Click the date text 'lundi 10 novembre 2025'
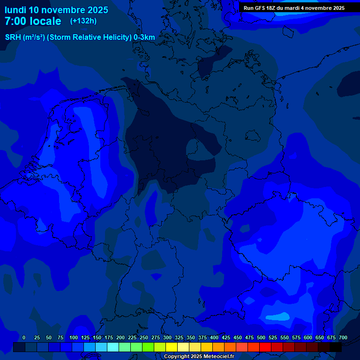click(x=56, y=10)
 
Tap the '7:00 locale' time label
click(x=33, y=21)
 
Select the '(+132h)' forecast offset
click(x=83, y=21)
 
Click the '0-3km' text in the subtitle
click(x=144, y=37)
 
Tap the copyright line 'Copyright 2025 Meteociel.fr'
click(x=199, y=357)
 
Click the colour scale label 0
click(x=24, y=337)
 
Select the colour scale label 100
click(x=74, y=337)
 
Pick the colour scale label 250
click(x=144, y=337)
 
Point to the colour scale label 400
click(x=214, y=337)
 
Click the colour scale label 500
click(x=261, y=337)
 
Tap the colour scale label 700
click(x=343, y=337)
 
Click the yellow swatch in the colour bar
click(x=172, y=347)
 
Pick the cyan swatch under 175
click(x=113, y=347)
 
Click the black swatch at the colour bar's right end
click(x=336, y=347)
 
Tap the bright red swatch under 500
click(x=265, y=347)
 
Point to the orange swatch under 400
click(x=218, y=347)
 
